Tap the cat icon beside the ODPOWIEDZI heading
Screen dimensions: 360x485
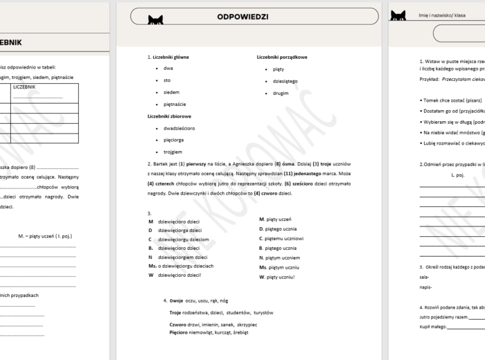[x=155, y=20]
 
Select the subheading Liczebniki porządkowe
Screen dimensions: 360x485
[x=281, y=57]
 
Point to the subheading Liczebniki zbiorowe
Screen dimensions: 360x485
[x=169, y=116]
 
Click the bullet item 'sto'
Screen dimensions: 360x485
[x=167, y=80]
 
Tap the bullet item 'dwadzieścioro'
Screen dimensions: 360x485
[x=179, y=128]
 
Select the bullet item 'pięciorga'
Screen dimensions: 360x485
[x=174, y=140]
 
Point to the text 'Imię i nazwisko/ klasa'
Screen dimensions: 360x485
[x=442, y=15]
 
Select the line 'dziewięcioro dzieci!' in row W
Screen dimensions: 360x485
[x=180, y=275]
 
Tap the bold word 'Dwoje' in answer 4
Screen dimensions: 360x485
[x=176, y=300]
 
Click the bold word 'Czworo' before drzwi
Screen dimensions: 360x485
[x=178, y=324]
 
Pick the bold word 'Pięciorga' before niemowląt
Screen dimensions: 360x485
[x=180, y=332]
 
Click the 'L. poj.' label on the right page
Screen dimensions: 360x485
[x=457, y=175]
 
